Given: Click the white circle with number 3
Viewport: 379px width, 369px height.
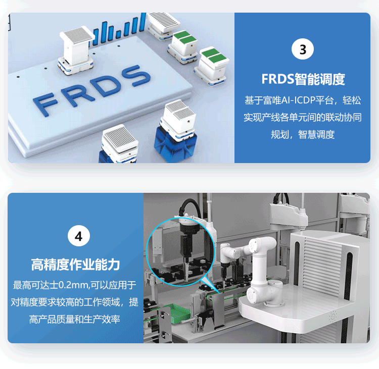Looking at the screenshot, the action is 303,49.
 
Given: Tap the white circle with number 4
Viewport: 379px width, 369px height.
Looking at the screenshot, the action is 79,236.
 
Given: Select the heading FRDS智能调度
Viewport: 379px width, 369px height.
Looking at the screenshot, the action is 303,79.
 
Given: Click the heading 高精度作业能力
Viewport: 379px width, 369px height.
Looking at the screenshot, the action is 75,265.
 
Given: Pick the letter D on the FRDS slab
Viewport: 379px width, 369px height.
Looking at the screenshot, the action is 106,85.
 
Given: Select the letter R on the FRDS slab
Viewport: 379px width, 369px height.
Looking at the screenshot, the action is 74,95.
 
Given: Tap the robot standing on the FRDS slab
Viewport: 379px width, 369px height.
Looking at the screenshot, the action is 76,50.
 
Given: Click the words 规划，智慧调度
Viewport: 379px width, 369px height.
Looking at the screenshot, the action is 303,134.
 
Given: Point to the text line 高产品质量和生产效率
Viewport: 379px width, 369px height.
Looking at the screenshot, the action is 74,319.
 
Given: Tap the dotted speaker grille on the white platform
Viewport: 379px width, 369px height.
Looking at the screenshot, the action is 333,315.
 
